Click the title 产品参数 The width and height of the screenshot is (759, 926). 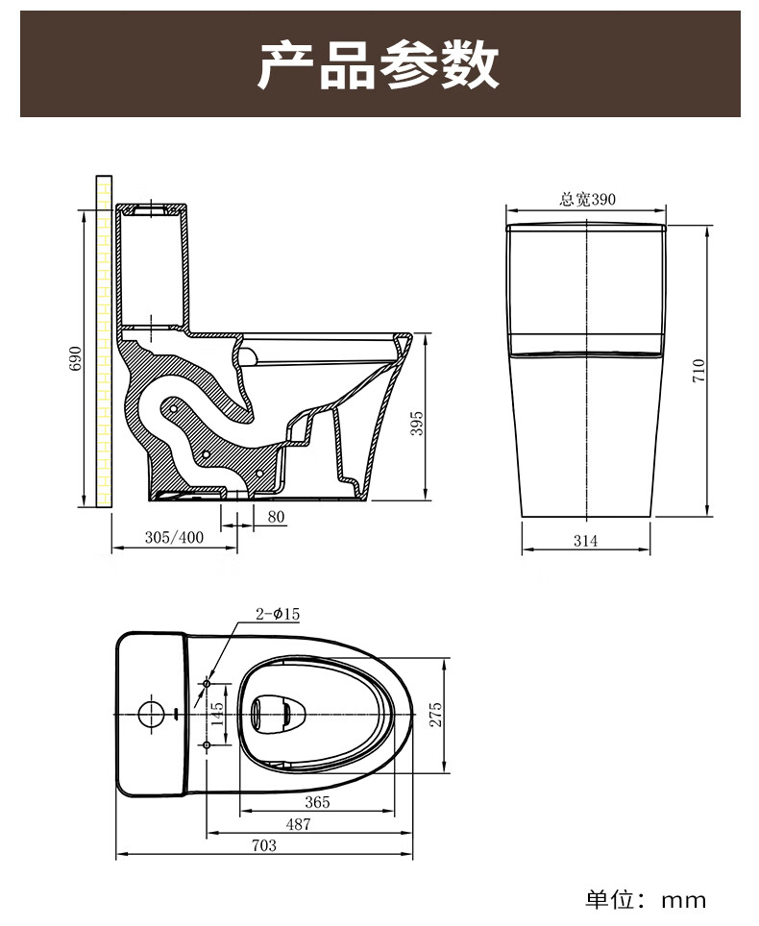coord(379,64)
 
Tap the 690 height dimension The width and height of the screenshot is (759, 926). coord(76,358)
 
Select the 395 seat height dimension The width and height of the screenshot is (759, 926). coord(417,424)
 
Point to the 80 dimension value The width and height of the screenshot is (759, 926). coord(276,517)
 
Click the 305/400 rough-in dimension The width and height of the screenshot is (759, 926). coord(174,537)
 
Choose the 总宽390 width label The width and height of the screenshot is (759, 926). coord(588,199)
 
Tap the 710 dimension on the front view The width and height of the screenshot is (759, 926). coord(698,370)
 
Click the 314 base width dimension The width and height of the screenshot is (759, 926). coord(585,541)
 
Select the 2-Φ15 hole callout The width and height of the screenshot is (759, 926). coord(278,614)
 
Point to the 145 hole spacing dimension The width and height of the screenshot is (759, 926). coord(217,714)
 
